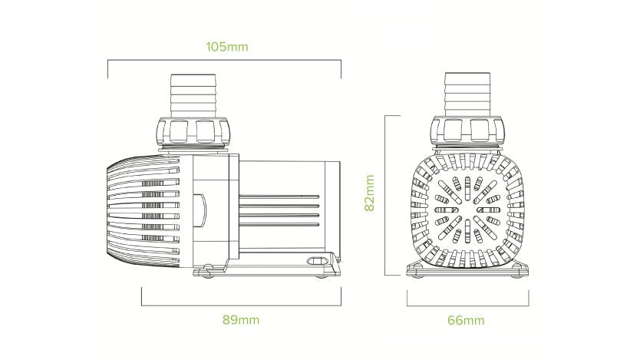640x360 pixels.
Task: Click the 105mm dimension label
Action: (x=227, y=47)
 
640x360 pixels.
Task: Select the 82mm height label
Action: (x=370, y=192)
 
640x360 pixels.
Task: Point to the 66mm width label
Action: (x=469, y=319)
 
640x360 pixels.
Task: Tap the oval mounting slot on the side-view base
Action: (x=315, y=261)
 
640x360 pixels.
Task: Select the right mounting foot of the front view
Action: (x=520, y=268)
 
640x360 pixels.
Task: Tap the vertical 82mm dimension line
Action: (x=384, y=192)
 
